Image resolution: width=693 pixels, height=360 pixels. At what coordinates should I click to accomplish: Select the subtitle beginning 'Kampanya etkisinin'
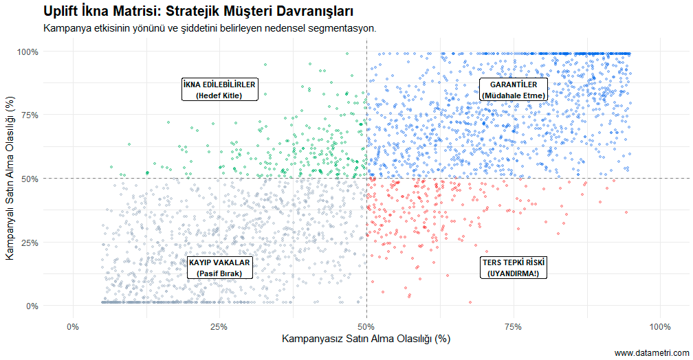click(209, 29)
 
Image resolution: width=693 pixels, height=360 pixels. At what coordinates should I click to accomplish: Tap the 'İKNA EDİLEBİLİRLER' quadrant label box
click(219, 89)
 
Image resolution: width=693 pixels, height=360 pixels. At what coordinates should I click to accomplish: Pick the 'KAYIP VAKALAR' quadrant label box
click(219, 267)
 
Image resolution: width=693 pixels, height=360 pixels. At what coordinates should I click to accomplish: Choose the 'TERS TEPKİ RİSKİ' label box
click(513, 267)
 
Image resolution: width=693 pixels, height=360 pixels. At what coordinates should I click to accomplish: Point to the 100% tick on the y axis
click(27, 52)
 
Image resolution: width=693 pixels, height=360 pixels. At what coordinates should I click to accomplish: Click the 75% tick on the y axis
click(30, 115)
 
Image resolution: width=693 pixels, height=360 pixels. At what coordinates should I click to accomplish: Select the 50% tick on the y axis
click(30, 179)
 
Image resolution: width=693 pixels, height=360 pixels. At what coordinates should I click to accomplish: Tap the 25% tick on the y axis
click(30, 243)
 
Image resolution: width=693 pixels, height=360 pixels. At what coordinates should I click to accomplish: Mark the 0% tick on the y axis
click(32, 306)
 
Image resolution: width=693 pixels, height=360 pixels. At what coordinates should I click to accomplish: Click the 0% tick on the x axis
click(72, 326)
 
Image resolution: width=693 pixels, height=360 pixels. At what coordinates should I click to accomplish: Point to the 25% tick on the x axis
click(219, 326)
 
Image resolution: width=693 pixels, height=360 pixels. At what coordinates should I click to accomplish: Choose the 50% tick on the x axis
click(366, 326)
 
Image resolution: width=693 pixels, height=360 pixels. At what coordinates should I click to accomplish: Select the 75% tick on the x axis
click(513, 326)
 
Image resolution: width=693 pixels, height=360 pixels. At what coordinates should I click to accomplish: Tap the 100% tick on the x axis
click(659, 326)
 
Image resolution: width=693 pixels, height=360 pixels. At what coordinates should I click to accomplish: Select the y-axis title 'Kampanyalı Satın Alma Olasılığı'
click(10, 179)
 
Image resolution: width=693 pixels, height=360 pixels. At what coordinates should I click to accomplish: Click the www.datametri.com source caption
click(651, 352)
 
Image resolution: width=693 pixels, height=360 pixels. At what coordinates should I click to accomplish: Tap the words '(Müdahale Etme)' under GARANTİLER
click(513, 95)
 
